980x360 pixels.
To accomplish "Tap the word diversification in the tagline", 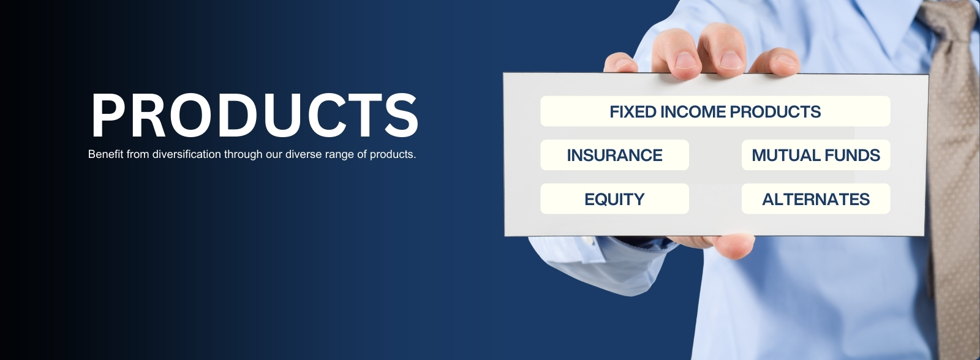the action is point(186,154).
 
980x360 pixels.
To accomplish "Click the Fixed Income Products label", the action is point(715,111).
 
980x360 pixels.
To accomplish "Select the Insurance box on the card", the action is point(614,155).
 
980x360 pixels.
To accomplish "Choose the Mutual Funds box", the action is point(815,155).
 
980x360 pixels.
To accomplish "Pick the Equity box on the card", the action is point(614,198).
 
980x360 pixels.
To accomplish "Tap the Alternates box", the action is point(815,198).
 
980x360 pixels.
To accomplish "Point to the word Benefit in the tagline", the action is point(105,154).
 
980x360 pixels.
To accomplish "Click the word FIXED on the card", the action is point(633,111).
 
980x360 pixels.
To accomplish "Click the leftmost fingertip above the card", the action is point(620,62).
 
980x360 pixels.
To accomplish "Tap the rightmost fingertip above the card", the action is point(775,61).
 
